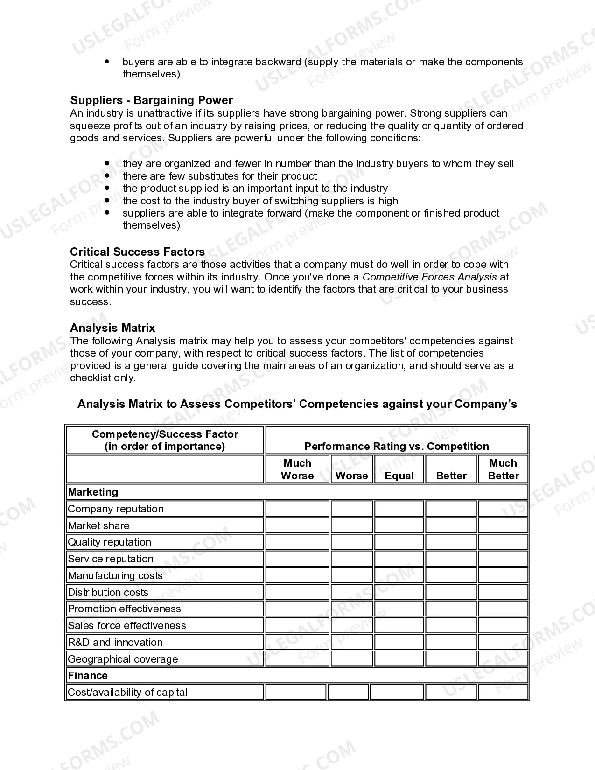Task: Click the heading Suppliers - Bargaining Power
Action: pos(151,100)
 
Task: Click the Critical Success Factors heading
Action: pos(137,252)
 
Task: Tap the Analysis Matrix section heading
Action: pos(112,328)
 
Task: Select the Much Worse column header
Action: pos(297,469)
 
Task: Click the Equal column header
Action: pos(399,476)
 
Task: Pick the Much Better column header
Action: pos(503,469)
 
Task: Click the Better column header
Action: pos(451,476)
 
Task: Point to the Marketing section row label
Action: pos(93,492)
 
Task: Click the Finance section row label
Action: pos(88,675)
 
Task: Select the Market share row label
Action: pos(98,525)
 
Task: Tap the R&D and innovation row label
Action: pos(115,642)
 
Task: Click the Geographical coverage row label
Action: pos(123,659)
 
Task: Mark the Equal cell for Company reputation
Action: pos(399,509)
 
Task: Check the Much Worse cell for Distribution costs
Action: pos(297,592)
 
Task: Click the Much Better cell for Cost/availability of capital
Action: pos(503,692)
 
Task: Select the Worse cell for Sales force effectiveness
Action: pos(352,625)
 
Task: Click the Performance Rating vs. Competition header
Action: pos(397,446)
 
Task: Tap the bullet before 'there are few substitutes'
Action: pos(107,176)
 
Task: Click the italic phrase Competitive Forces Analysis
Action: pos(430,277)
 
